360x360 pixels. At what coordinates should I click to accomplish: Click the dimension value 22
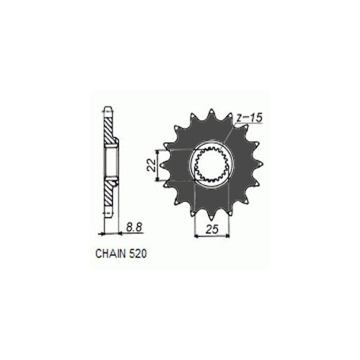(x=151, y=165)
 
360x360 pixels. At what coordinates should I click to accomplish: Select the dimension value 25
(x=211, y=229)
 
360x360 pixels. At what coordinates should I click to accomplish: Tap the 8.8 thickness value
(x=134, y=227)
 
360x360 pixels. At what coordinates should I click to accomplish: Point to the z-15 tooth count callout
(x=249, y=118)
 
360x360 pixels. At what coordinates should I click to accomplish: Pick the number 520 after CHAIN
(x=138, y=254)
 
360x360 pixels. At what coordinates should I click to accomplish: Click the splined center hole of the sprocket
(x=211, y=165)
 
